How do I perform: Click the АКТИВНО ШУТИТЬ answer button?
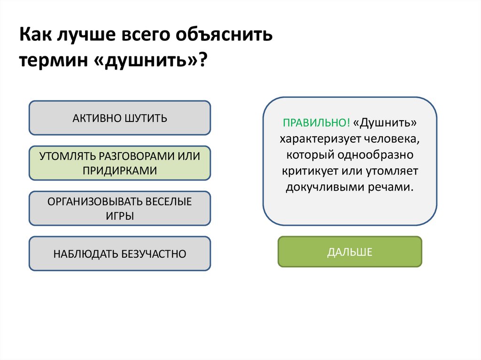[x=120, y=118]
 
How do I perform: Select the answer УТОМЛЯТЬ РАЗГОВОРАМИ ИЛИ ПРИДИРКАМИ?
[x=120, y=163]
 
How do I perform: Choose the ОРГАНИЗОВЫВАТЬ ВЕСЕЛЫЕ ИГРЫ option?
[x=120, y=208]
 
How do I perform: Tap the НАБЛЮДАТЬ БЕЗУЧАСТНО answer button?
[x=120, y=254]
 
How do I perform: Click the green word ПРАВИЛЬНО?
[x=316, y=123]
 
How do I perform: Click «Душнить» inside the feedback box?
[x=385, y=123]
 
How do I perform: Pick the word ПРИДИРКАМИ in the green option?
[x=120, y=170]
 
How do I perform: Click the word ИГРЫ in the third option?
[x=120, y=215]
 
